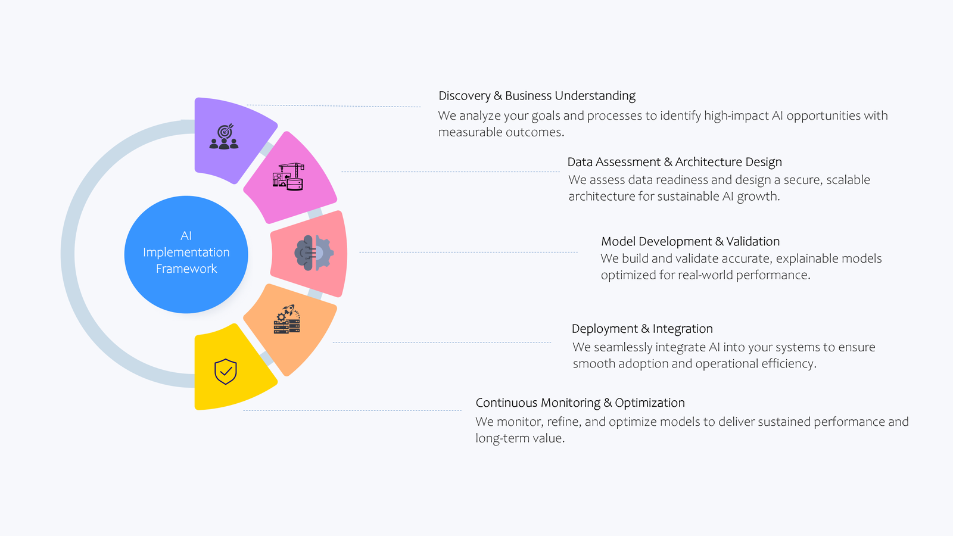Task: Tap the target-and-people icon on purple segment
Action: (224, 137)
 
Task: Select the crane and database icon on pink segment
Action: (289, 177)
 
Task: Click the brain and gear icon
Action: (313, 253)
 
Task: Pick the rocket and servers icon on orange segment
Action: (287, 320)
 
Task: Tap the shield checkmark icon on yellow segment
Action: (226, 372)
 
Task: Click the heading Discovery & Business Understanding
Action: (537, 96)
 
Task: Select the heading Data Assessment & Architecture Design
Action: (674, 162)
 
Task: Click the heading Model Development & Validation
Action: (690, 241)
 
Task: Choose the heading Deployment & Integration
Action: (642, 329)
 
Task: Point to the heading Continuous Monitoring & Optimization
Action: (580, 403)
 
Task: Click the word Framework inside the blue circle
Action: (186, 269)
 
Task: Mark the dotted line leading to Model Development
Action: (468, 252)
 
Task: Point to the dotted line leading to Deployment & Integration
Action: (441, 342)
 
